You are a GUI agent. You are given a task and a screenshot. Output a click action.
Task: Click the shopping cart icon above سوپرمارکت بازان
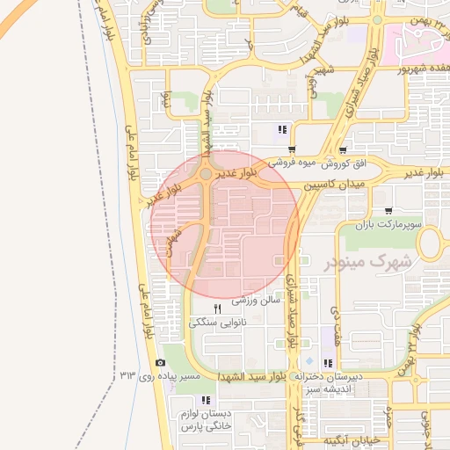tap(388, 211)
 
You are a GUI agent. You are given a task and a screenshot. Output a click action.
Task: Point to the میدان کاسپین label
tap(334, 187)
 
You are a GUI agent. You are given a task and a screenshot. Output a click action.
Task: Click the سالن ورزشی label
tap(256, 300)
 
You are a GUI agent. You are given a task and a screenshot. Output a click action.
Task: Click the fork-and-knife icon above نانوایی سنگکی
tap(217, 308)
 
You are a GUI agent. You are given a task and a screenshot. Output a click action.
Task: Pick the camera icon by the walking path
tap(160, 362)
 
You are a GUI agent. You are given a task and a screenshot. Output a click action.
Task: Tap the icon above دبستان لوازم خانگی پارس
tap(206, 400)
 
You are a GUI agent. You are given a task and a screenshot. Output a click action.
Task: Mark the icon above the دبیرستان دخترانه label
tap(328, 363)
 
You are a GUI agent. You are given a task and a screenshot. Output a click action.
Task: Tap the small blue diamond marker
tap(308, 361)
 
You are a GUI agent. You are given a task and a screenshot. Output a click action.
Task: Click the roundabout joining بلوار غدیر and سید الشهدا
tap(206, 174)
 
